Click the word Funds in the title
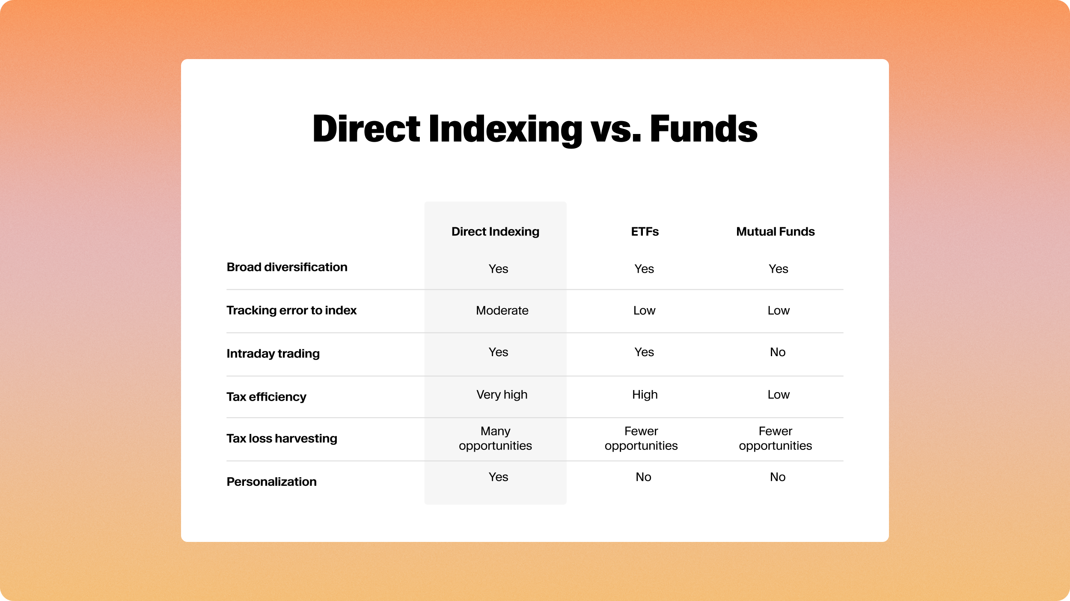click(x=703, y=129)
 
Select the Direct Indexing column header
click(x=495, y=232)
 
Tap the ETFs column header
click(x=645, y=232)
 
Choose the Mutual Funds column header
click(x=775, y=232)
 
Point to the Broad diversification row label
click(x=287, y=267)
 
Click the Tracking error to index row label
click(x=291, y=310)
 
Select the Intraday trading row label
click(x=273, y=354)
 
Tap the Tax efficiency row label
click(x=266, y=397)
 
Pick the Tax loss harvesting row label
click(x=282, y=438)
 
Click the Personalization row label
click(x=271, y=482)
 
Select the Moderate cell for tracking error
click(x=502, y=310)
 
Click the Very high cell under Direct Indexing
click(x=502, y=395)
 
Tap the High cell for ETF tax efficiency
click(x=645, y=395)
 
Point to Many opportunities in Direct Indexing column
click(x=495, y=438)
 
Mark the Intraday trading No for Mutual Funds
click(x=778, y=352)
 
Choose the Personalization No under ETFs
click(x=643, y=477)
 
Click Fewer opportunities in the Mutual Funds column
click(x=775, y=438)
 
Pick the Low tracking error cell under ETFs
click(x=644, y=310)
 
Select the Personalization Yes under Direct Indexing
click(x=498, y=477)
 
